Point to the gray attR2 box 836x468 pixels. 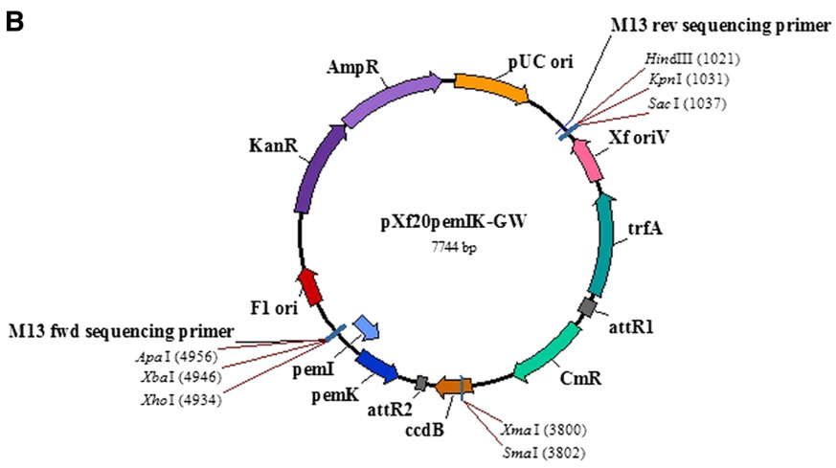[420, 383]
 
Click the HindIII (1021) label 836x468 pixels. [691, 59]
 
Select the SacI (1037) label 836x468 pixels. [690, 103]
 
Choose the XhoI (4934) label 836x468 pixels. [182, 399]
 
